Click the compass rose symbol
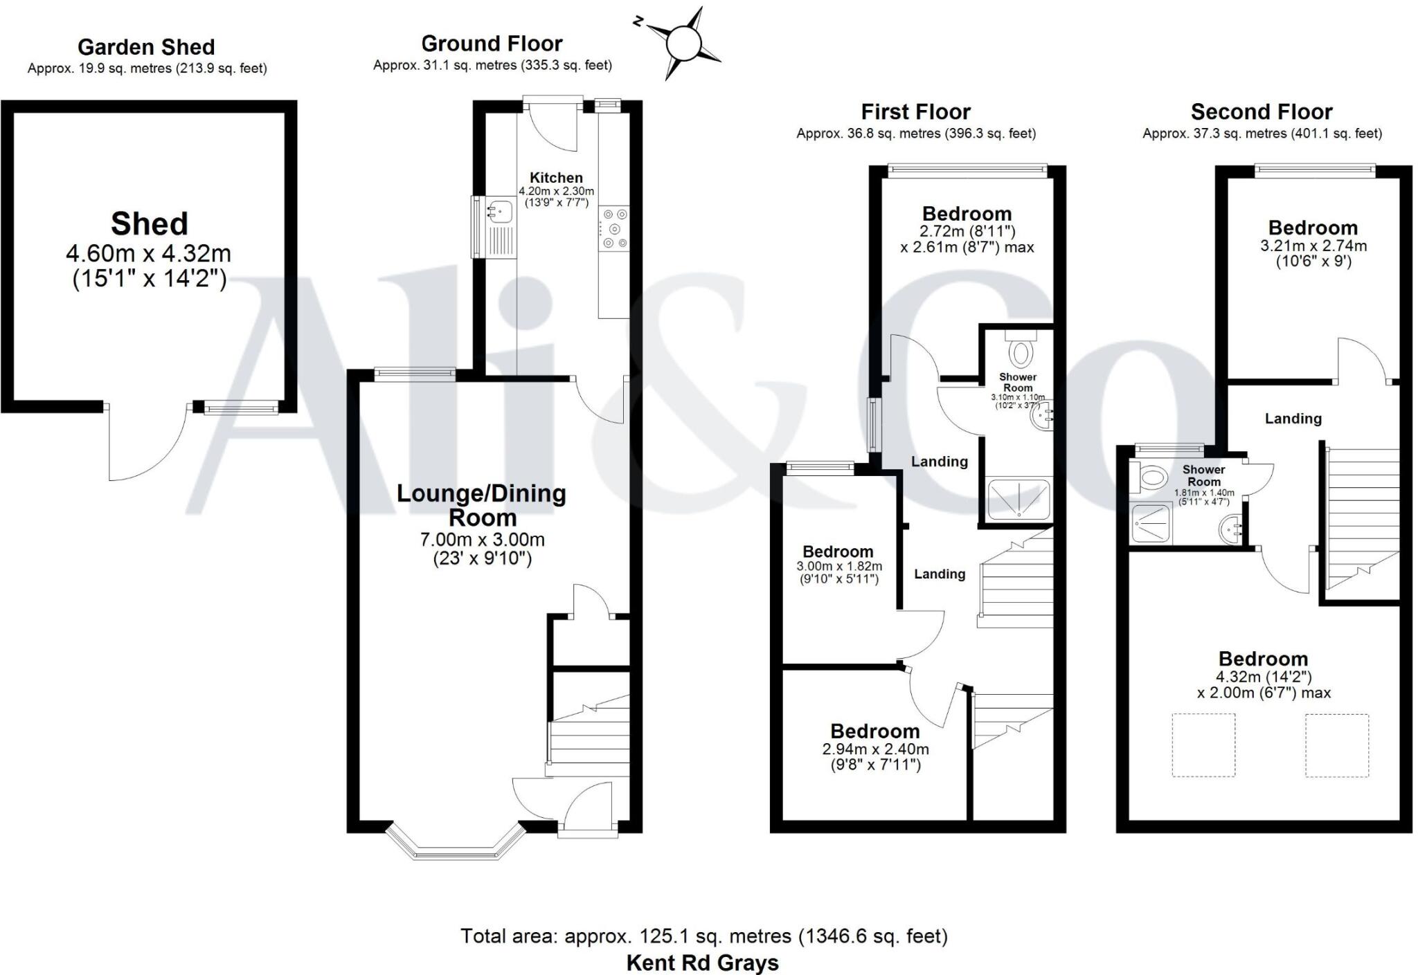click(684, 43)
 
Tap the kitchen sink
click(499, 209)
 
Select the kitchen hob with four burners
click(614, 228)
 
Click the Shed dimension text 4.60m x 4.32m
click(149, 253)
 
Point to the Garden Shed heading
click(146, 47)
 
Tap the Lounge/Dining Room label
click(482, 505)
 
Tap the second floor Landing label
click(1293, 419)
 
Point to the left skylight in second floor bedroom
click(1203, 745)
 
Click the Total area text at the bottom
click(703, 936)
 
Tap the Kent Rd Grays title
click(702, 963)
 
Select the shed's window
click(241, 409)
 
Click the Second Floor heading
click(1262, 111)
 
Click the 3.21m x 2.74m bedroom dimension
click(1313, 246)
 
